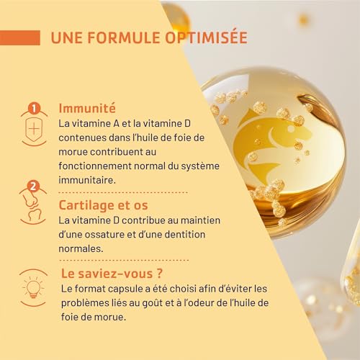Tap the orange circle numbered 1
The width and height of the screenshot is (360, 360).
[32, 109]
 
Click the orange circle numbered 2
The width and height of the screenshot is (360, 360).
[32, 186]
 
